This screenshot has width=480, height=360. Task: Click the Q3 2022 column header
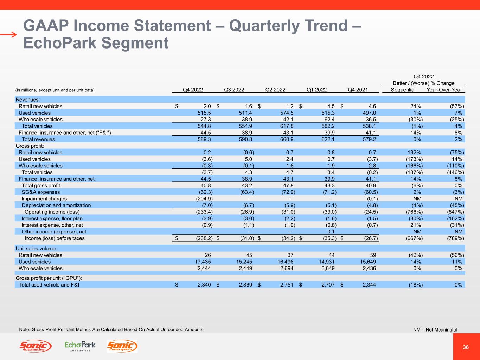234,90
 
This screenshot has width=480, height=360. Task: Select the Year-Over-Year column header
444,90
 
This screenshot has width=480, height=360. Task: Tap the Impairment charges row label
44,199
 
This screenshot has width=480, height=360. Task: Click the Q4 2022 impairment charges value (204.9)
204,199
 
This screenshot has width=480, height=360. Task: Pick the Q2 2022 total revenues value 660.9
286,139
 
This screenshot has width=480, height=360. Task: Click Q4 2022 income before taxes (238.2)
203,238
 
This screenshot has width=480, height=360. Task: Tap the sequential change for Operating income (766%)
414,212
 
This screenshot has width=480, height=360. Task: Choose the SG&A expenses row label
40,192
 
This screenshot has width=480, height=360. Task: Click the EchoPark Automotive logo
80,346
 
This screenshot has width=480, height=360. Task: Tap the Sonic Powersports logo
122,346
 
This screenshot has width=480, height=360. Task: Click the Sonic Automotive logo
35,346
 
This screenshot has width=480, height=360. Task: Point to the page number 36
466,347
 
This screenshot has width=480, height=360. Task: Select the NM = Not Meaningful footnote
435,330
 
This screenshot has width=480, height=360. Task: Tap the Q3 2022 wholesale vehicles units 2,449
244,268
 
